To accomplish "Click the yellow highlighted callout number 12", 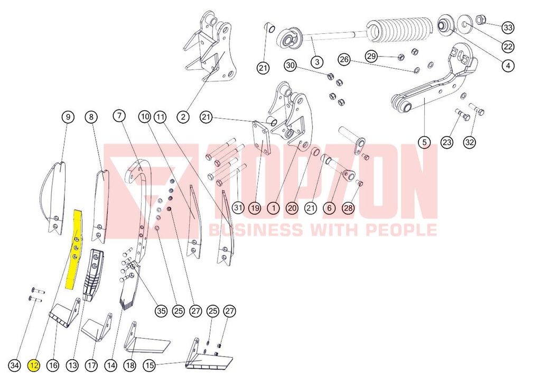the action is (34, 365).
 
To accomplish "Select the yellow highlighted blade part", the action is (75, 249).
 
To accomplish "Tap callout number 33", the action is (508, 28).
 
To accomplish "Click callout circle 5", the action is (424, 142).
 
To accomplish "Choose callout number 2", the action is (183, 117).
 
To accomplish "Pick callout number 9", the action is (68, 117).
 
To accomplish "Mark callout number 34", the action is (14, 365).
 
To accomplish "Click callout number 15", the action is (150, 365).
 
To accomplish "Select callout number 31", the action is (238, 207).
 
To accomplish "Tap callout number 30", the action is (291, 65).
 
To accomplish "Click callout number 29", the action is (371, 56).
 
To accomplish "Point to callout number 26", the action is (344, 59).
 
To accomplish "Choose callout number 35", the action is (161, 311).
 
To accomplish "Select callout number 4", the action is (508, 65).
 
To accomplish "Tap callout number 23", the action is (447, 142).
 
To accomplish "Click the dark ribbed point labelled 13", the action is (92, 275).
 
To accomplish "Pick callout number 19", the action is (255, 207).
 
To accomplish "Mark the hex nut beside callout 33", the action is (481, 20).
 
